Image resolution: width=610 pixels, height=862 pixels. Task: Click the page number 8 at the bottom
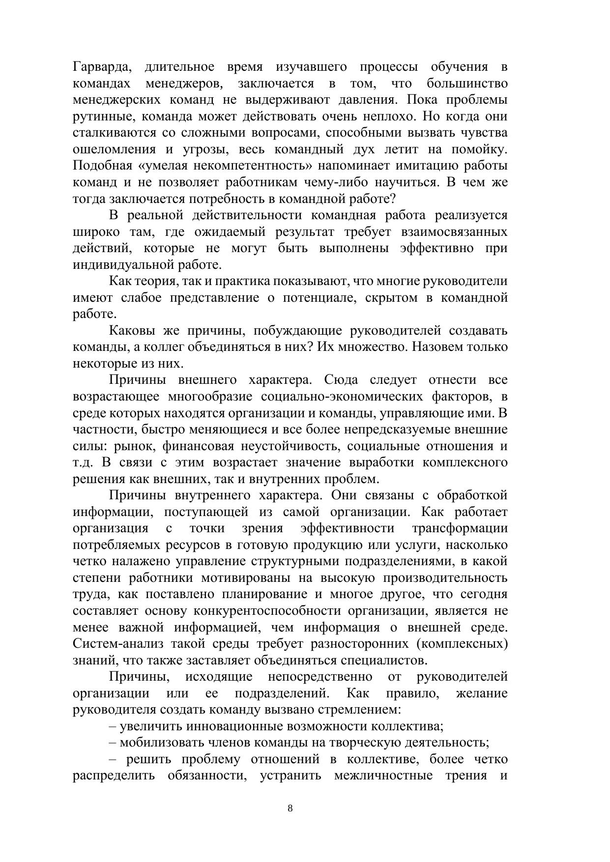pos(290,808)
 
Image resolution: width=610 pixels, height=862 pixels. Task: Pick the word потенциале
pos(320,298)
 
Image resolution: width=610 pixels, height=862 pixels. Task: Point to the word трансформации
pos(460,528)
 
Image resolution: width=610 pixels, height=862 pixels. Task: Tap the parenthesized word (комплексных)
pos(462,644)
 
